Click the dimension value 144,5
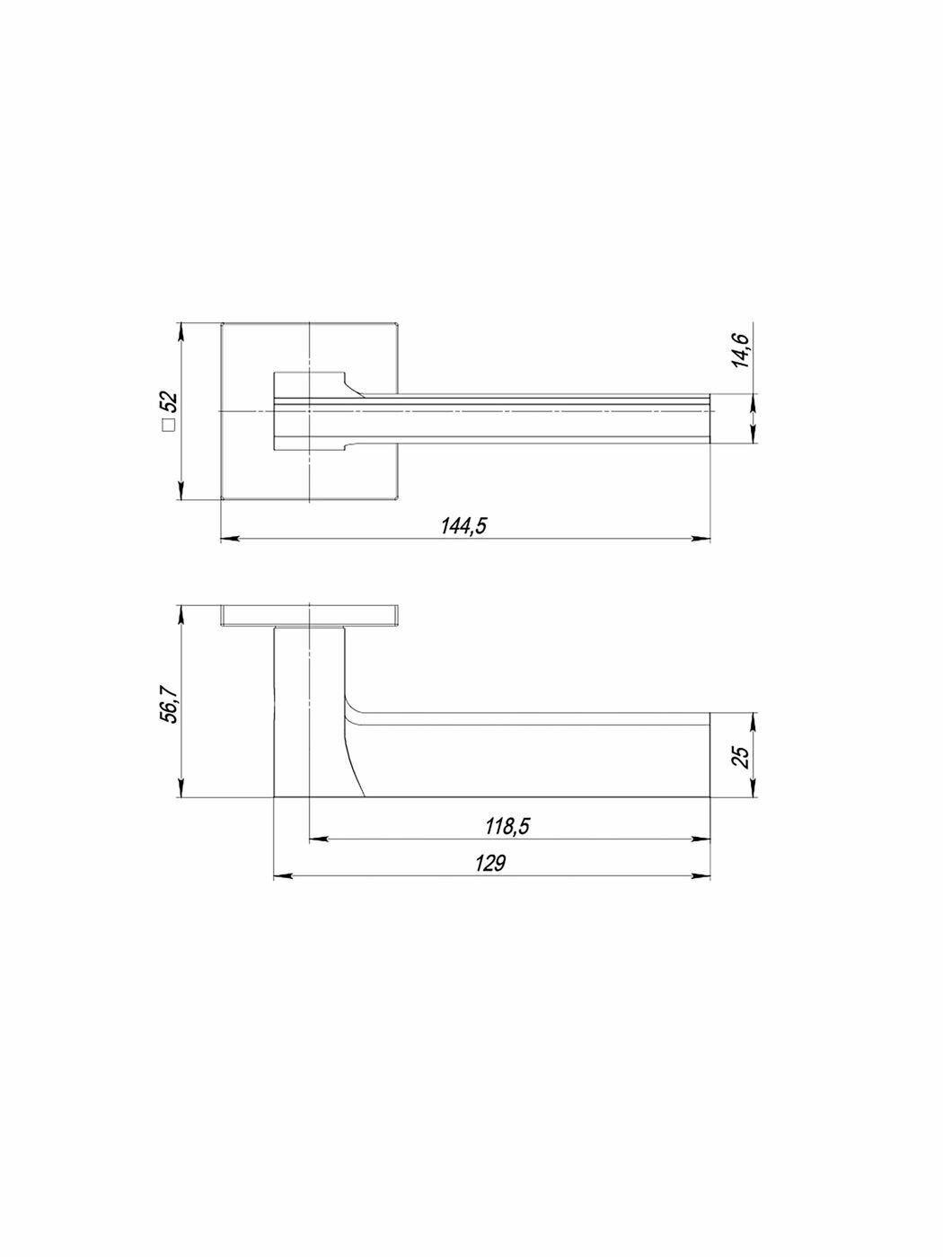coord(463,525)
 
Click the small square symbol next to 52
coord(170,426)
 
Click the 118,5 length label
coord(507,826)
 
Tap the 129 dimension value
coord(490,863)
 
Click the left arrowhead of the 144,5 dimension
coord(230,539)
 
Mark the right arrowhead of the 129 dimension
coord(701,875)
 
